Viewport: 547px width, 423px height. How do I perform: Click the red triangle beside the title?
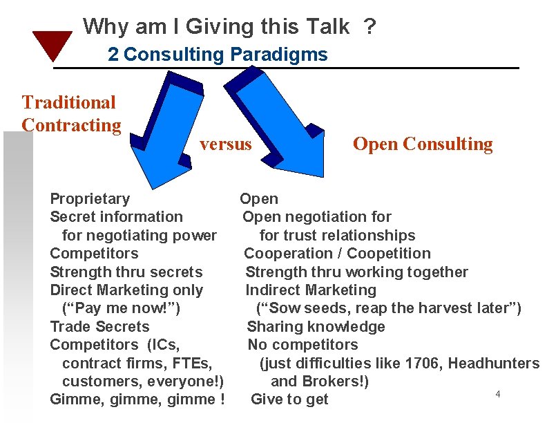tap(52, 44)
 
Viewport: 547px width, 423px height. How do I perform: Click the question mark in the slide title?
tap(370, 27)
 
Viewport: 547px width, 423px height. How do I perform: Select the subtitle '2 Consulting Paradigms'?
tap(218, 54)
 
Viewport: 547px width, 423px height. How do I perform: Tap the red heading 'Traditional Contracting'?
tap(70, 113)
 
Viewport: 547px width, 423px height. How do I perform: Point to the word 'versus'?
tap(225, 144)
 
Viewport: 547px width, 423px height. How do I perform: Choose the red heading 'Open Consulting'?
tap(423, 144)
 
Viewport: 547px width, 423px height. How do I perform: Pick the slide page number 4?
tap(497, 394)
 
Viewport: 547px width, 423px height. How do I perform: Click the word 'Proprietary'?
tap(90, 199)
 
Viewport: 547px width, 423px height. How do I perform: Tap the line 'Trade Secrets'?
tap(99, 326)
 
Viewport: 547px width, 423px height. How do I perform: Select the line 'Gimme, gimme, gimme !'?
tap(137, 399)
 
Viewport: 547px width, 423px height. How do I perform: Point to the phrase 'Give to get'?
tap(289, 399)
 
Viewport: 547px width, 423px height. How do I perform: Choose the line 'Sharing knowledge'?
tap(316, 326)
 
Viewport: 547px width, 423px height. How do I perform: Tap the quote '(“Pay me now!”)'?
tap(121, 308)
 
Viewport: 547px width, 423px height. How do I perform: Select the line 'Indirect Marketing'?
tap(311, 290)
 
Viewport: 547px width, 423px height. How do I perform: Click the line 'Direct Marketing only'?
tap(126, 290)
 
